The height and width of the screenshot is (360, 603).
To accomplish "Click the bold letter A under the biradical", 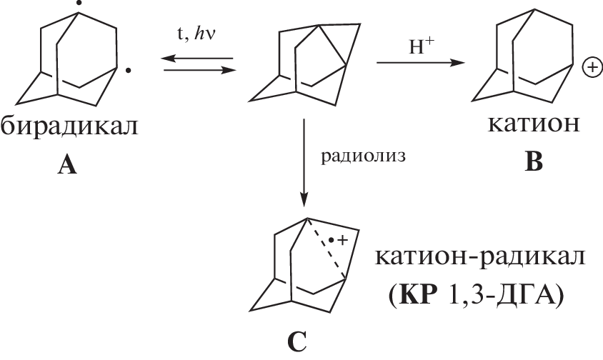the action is click(x=67, y=166).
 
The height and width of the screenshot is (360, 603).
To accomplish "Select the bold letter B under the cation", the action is click(x=534, y=161).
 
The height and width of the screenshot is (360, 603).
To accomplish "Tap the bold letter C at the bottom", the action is click(x=297, y=341).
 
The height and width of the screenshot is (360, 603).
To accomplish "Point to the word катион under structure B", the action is click(x=534, y=124).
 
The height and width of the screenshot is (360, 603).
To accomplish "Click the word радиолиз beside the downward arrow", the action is click(x=363, y=157).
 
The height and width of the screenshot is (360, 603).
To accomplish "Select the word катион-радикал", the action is click(x=480, y=257).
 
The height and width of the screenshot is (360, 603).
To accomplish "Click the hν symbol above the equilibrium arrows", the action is click(x=205, y=34).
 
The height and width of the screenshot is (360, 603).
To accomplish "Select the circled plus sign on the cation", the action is click(x=592, y=68).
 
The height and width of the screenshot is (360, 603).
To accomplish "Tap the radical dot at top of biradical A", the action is click(x=79, y=3).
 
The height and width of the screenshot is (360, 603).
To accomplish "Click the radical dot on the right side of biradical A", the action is click(x=129, y=71).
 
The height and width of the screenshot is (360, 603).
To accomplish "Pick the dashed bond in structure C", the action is click(x=326, y=248).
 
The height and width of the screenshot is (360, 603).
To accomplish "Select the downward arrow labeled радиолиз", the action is click(x=304, y=163).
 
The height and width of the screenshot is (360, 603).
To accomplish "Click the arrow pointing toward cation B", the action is click(x=421, y=62).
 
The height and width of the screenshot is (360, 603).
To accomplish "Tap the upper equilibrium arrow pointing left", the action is click(x=196, y=59).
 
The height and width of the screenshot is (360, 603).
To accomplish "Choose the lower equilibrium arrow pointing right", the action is click(x=200, y=71).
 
